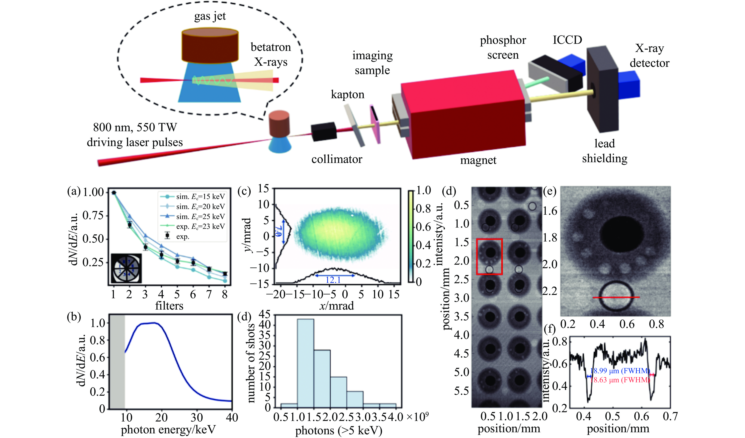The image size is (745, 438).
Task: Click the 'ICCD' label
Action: point(567,40)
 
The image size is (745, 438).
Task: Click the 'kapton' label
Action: point(347,95)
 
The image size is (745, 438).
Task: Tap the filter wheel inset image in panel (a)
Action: point(126,268)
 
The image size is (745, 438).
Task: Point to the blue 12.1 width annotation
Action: point(333,280)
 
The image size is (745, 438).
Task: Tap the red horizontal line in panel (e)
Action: point(616,297)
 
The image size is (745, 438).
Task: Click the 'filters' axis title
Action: point(169,305)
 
